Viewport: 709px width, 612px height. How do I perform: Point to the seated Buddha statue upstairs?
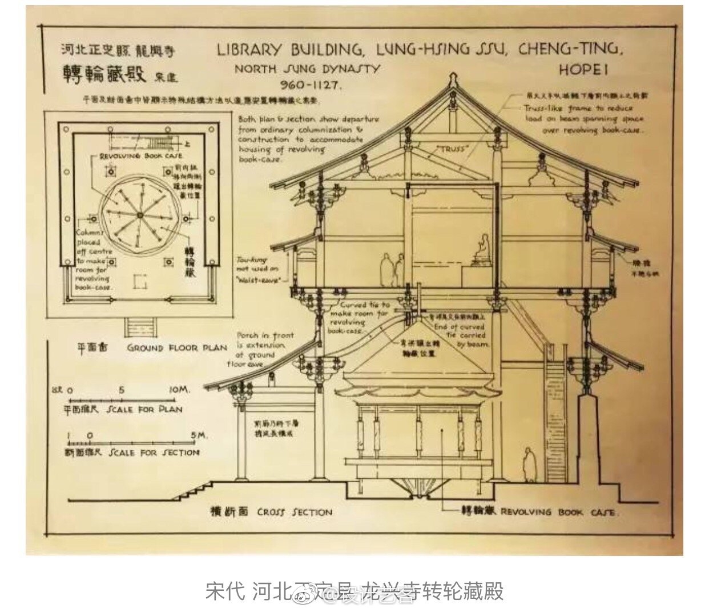(481, 250)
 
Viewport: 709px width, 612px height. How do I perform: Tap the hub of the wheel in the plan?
(139, 214)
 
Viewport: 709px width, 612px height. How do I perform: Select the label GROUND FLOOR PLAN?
(176, 347)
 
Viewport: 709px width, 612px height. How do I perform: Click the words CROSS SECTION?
(294, 512)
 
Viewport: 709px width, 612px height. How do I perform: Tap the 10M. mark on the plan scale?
(179, 390)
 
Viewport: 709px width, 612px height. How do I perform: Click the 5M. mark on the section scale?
(198, 435)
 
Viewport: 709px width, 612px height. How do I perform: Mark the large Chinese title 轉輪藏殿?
(104, 74)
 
